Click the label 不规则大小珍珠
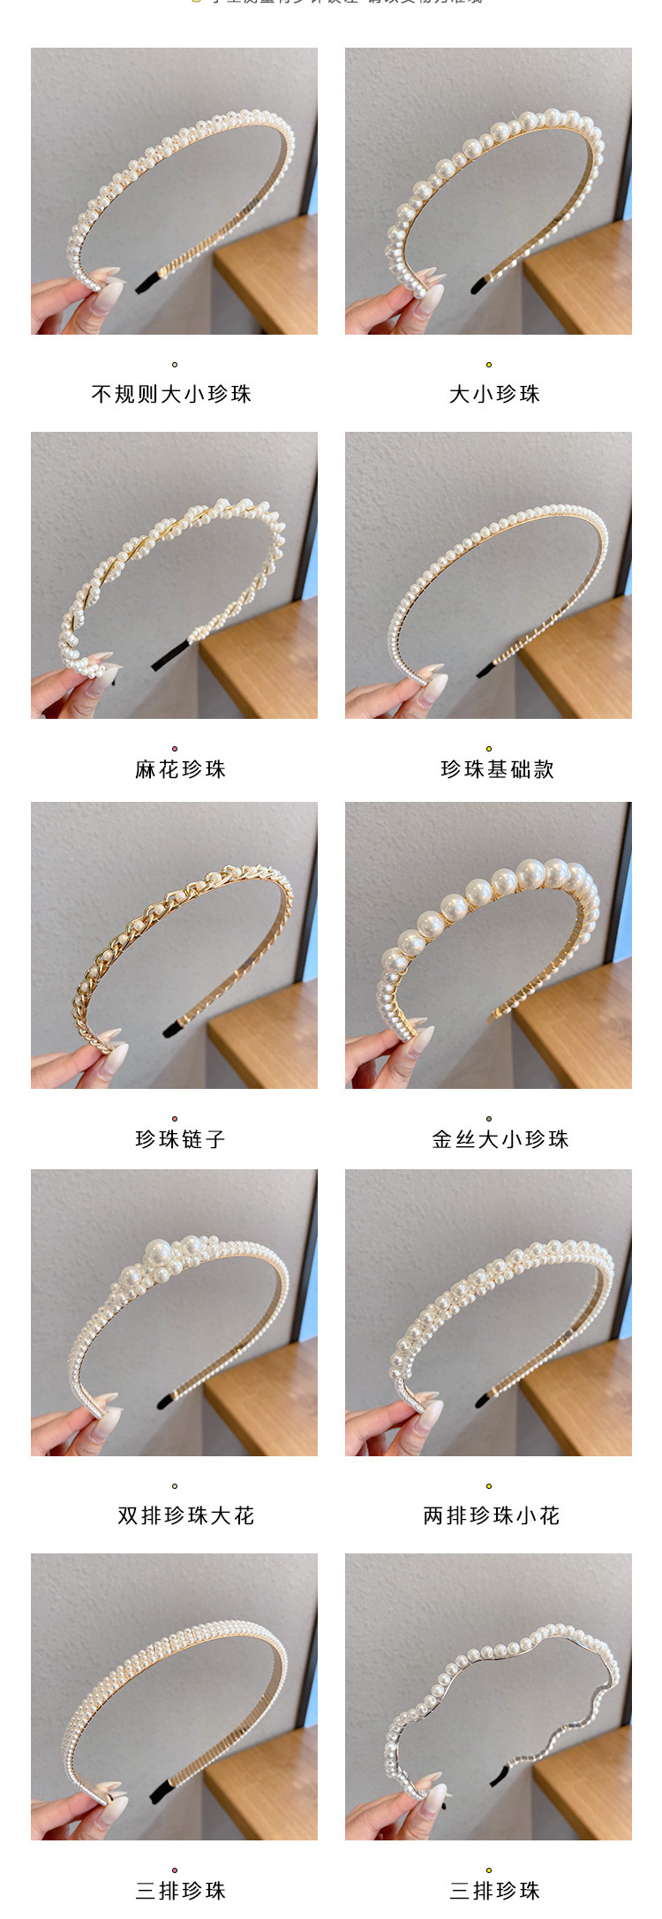pyautogui.click(x=172, y=394)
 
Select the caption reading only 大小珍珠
pyautogui.click(x=494, y=394)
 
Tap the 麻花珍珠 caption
pyautogui.click(x=180, y=769)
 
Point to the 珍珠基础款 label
pyautogui.click(x=497, y=769)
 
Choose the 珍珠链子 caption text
pyautogui.click(x=180, y=1139)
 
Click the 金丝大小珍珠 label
pyautogui.click(x=500, y=1139)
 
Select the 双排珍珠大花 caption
pyautogui.click(x=185, y=1515)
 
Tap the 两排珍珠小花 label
pyautogui.click(x=491, y=1515)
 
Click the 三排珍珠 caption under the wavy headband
pyautogui.click(x=494, y=1890)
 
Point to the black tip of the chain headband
pyautogui.click(x=173, y=1028)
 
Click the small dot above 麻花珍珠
pyautogui.click(x=175, y=749)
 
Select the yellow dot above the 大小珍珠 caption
pyautogui.click(x=488, y=365)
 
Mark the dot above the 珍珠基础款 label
pyautogui.click(x=488, y=749)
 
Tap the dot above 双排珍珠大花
pyautogui.click(x=175, y=1486)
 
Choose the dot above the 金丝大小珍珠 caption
pyautogui.click(x=488, y=1119)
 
